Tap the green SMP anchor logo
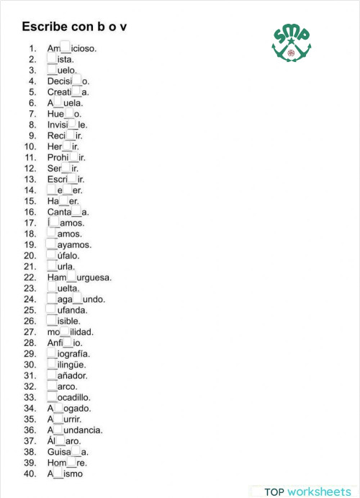(x=291, y=45)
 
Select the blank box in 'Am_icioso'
(x=66, y=48)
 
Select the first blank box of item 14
(x=52, y=190)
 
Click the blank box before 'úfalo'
(x=52, y=255)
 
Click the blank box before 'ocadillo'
(x=52, y=397)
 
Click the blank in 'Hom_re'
(x=71, y=463)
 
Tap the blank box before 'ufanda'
(x=52, y=310)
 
